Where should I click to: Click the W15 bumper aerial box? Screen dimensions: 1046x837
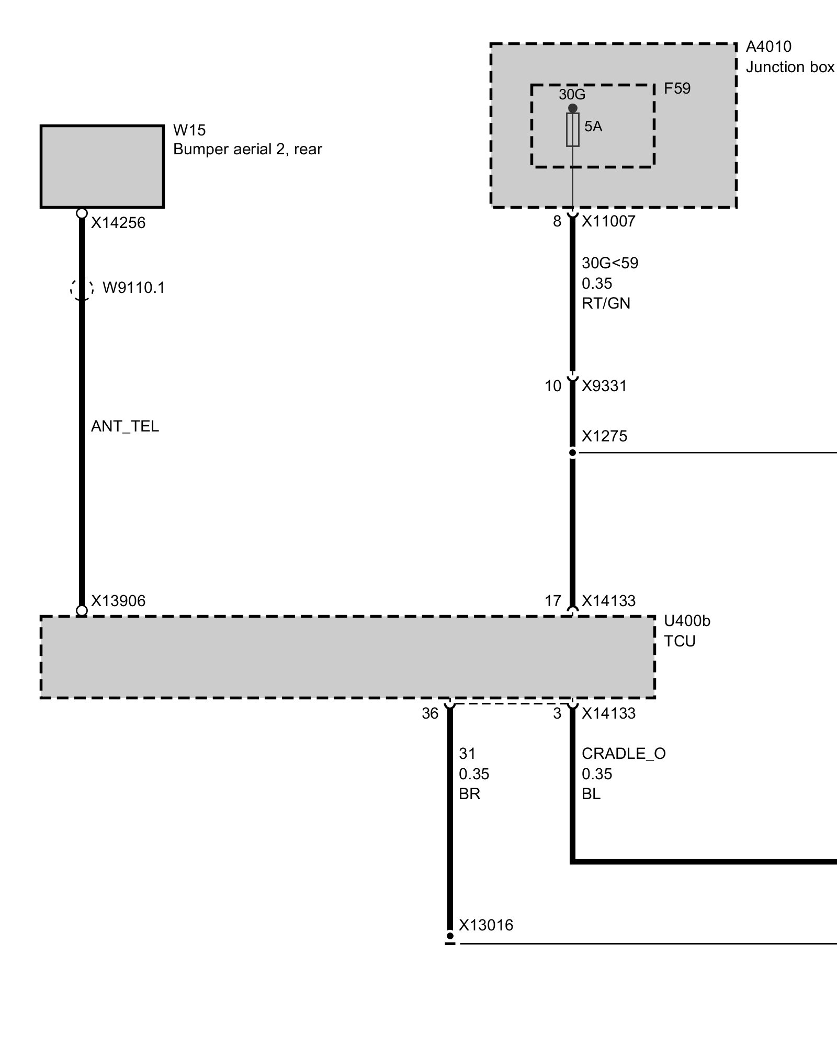click(102, 166)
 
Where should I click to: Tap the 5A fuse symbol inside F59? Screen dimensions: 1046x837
click(573, 129)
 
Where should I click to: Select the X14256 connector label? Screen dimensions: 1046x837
click(118, 223)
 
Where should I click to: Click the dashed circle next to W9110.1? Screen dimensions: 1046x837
click(82, 288)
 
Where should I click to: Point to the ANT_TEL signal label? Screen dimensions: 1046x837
click(125, 426)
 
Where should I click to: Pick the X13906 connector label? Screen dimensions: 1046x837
click(118, 601)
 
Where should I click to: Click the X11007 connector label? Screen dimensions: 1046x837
click(608, 221)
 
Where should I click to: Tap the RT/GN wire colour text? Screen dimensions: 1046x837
click(606, 303)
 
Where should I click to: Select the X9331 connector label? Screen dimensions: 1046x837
click(604, 386)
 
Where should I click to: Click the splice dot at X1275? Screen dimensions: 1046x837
click(573, 452)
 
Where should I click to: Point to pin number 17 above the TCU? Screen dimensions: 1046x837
click(553, 601)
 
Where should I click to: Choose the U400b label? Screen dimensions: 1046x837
click(687, 621)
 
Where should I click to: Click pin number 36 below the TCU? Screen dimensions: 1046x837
click(430, 713)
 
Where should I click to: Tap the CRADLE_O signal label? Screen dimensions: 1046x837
click(624, 754)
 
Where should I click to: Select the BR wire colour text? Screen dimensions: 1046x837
click(469, 794)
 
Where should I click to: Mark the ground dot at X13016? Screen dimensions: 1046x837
click(450, 935)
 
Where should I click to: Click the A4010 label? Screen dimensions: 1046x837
click(768, 47)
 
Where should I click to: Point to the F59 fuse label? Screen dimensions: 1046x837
click(677, 88)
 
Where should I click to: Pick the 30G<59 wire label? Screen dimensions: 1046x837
click(610, 263)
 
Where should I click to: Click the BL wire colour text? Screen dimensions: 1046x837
click(591, 794)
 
